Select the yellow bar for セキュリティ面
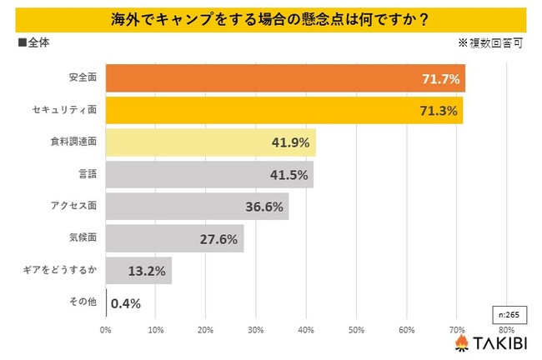[x=284, y=110]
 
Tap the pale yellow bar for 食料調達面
[x=210, y=142]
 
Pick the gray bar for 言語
[x=208, y=175]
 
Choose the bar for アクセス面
[x=197, y=207]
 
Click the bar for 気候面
[x=174, y=239]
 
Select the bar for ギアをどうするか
[x=138, y=271]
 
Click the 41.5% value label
[x=290, y=175]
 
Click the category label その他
[x=83, y=303]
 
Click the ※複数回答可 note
[x=489, y=42]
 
